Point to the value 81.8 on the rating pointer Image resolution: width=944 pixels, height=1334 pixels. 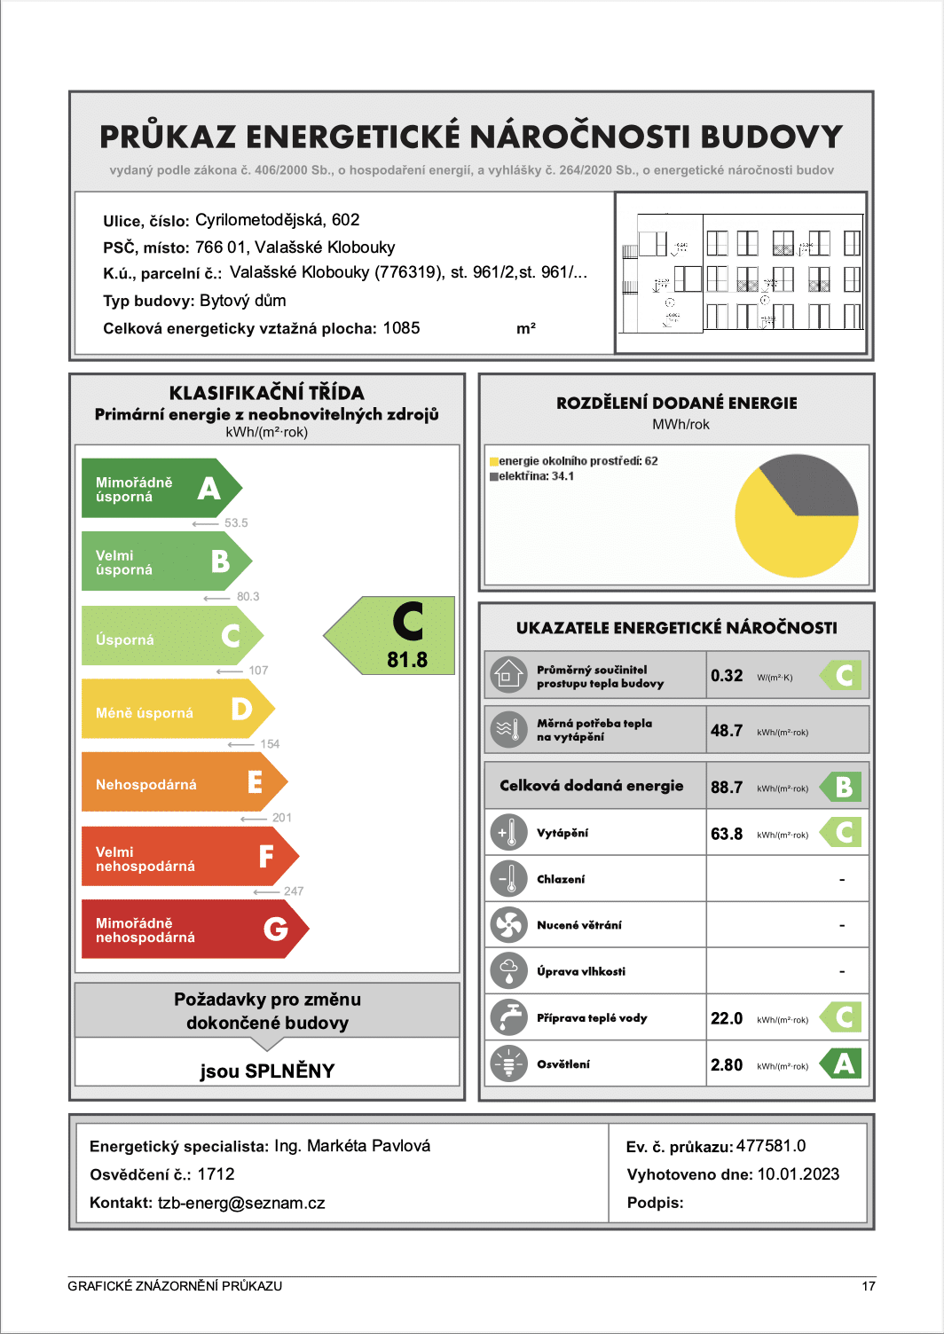(x=407, y=660)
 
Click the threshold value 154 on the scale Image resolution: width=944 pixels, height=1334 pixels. (x=270, y=744)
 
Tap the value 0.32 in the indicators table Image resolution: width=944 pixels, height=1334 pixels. (x=727, y=676)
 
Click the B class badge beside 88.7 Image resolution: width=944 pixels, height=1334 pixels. (x=843, y=787)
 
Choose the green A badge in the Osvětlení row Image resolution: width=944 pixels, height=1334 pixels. (x=843, y=1063)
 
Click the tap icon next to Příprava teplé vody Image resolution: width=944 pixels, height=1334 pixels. (x=508, y=1017)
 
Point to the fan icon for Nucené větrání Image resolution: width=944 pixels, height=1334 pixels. (x=508, y=925)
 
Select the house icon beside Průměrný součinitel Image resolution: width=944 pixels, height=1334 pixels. (x=507, y=676)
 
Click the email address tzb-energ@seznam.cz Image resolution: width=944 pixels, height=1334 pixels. (x=241, y=1203)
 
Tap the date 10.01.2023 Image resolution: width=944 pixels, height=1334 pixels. (x=798, y=1174)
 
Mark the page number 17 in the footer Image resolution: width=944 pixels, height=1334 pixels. (x=869, y=1286)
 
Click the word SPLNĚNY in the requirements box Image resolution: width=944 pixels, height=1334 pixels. (x=289, y=1071)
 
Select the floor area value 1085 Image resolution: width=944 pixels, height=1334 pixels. (x=401, y=328)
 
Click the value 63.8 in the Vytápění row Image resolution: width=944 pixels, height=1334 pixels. (x=727, y=834)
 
